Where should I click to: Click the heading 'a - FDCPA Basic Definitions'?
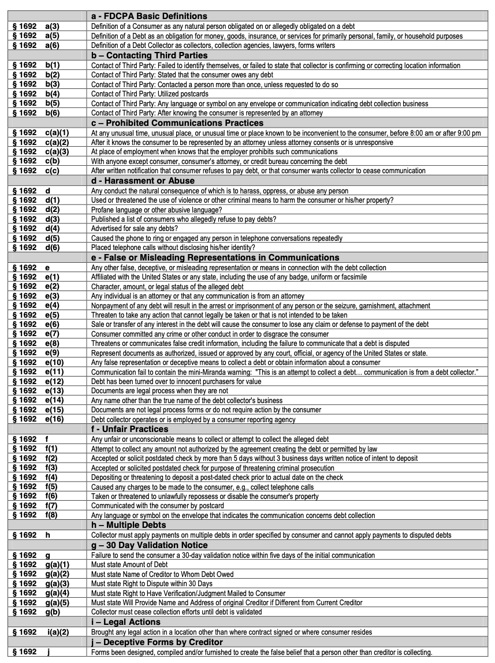click(149, 16)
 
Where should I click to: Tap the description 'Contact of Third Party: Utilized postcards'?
click(143, 94)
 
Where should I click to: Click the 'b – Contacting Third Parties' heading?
click(149, 55)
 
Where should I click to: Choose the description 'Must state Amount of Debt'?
click(129, 564)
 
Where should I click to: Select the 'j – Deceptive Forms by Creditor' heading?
click(157, 642)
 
